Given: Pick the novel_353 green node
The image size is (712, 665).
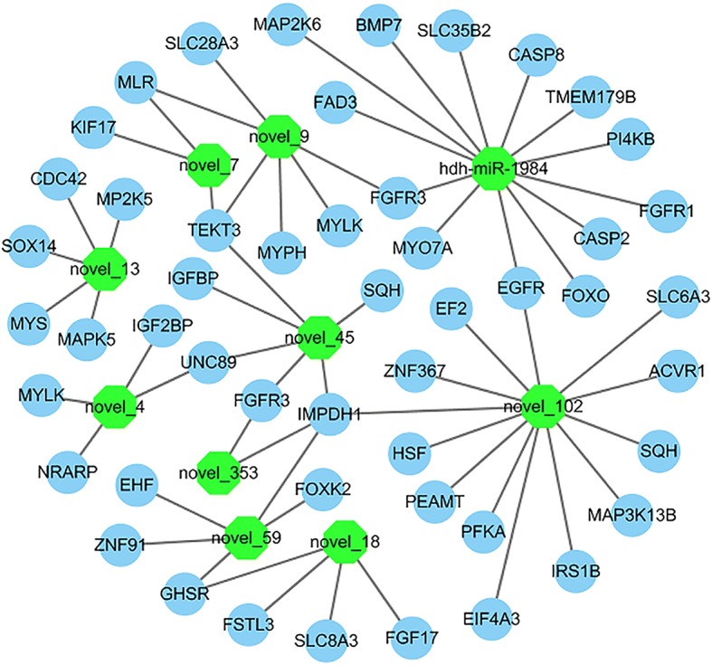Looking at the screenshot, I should pyautogui.click(x=220, y=471).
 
